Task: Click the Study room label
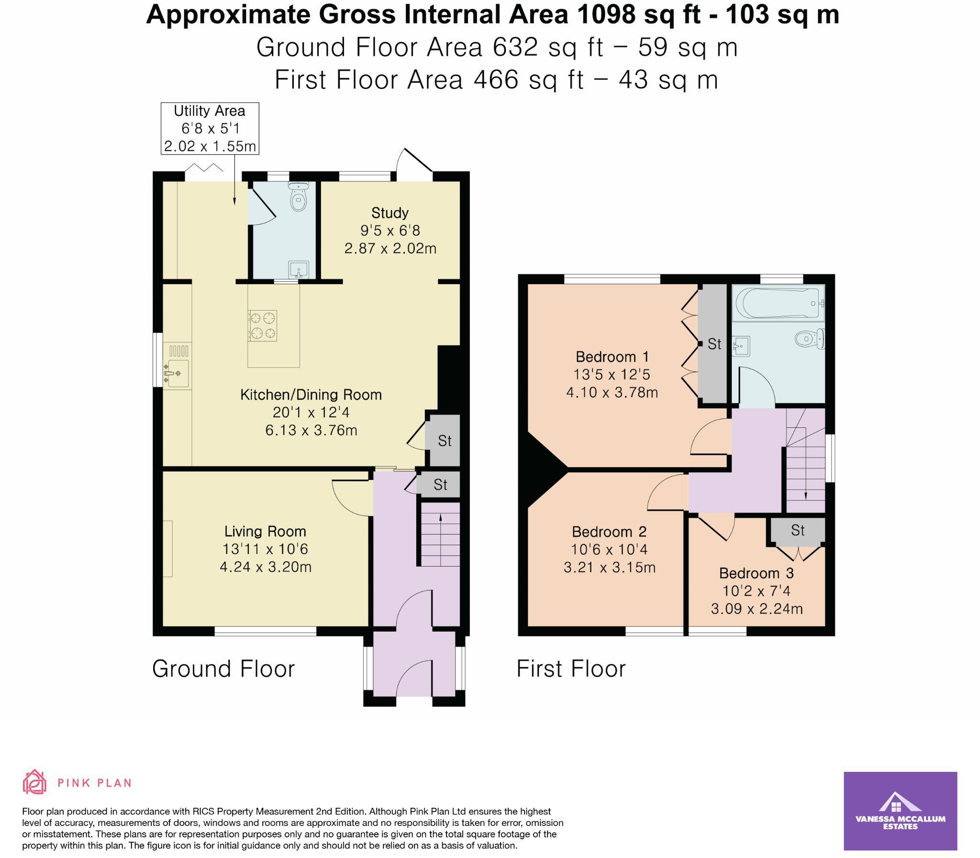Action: pos(390,212)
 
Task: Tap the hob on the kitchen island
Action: pos(262,325)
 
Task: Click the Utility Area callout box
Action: pos(210,128)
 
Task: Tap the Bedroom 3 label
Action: pos(756,573)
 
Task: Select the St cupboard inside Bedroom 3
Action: pos(798,531)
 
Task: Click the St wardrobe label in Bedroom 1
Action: pos(714,344)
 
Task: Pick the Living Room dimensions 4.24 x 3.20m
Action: pos(265,567)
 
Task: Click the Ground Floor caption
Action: pos(223,669)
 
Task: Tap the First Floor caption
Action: pos(571,669)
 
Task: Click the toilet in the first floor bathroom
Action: pos(810,339)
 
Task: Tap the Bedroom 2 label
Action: pos(609,532)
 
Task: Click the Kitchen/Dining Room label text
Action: pos(311,394)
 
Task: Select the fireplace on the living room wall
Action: pos(167,549)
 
